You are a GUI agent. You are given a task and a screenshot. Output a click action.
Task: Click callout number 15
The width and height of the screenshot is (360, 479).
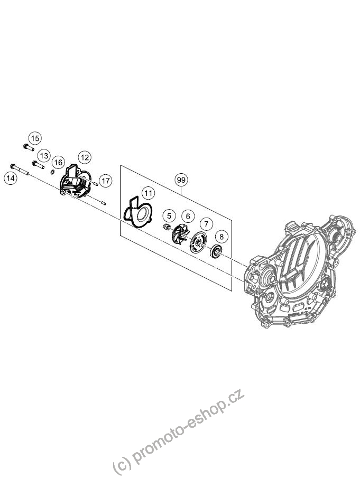click(x=35, y=138)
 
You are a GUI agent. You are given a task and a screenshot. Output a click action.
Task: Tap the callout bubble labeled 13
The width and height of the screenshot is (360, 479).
click(x=44, y=156)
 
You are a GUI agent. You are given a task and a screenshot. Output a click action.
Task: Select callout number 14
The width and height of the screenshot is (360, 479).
click(x=11, y=178)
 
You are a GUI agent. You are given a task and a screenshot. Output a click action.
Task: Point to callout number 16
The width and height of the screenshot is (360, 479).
click(x=59, y=162)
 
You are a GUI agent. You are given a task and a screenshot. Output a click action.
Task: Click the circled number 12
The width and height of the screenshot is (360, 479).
click(x=85, y=157)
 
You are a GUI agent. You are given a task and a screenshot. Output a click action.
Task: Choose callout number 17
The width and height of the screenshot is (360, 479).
click(x=106, y=181)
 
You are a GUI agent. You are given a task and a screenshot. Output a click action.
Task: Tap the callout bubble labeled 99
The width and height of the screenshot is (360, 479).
click(x=181, y=180)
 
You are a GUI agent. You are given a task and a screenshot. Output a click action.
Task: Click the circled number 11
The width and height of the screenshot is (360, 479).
click(x=149, y=193)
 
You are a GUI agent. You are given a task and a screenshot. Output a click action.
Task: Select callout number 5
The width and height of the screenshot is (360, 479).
click(x=169, y=216)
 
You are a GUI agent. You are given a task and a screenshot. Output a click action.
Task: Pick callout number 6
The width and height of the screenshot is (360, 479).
click(x=188, y=217)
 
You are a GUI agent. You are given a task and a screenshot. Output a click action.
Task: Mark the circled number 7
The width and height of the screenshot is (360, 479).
click(x=207, y=224)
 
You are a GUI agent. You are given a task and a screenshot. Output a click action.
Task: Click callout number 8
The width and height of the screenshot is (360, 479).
click(x=221, y=236)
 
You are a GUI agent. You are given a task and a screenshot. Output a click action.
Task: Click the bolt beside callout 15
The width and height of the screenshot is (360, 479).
click(x=28, y=147)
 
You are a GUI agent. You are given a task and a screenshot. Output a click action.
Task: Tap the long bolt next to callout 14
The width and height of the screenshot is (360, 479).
click(x=20, y=170)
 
